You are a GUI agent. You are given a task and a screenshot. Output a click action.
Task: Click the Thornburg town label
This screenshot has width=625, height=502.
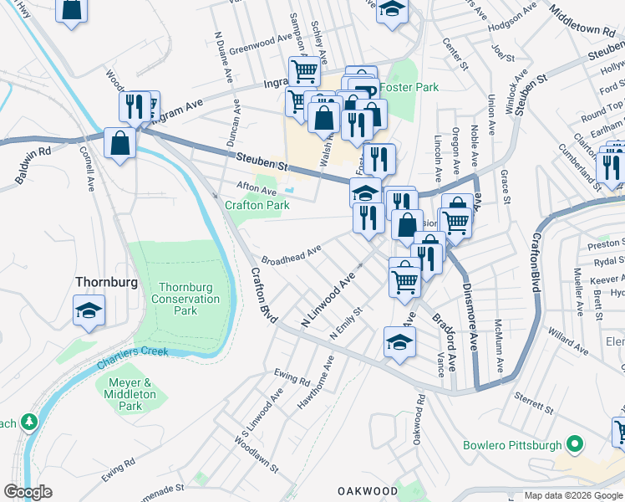[x=106, y=282]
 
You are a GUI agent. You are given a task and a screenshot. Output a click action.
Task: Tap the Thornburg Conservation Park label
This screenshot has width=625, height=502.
[x=186, y=299]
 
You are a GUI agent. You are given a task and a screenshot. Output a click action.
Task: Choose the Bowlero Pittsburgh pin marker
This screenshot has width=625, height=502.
[x=573, y=443]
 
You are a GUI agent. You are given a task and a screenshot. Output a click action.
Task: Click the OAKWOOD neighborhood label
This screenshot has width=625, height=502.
[x=368, y=490]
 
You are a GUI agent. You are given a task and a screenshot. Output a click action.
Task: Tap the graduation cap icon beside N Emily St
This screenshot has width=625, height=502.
[x=400, y=341]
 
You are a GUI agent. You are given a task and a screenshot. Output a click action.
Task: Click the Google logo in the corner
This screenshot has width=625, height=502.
[x=28, y=492]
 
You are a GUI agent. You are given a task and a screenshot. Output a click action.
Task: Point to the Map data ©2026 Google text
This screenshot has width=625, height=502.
[x=572, y=495]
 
